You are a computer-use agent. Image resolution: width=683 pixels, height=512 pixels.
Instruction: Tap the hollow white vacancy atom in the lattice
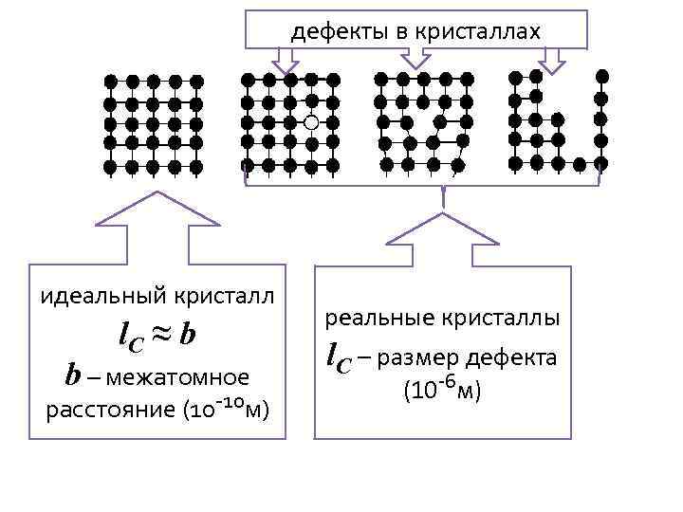click(311, 122)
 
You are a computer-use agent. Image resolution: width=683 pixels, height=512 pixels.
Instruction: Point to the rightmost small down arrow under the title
click(552, 59)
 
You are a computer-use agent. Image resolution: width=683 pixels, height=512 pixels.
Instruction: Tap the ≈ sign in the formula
click(160, 334)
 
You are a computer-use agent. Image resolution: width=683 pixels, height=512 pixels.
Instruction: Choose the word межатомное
click(177, 376)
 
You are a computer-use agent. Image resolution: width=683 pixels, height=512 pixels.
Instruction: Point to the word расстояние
click(100, 411)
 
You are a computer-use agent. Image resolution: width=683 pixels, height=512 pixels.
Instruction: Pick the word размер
click(427, 357)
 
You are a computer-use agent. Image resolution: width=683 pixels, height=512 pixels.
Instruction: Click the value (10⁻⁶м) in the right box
click(443, 390)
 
